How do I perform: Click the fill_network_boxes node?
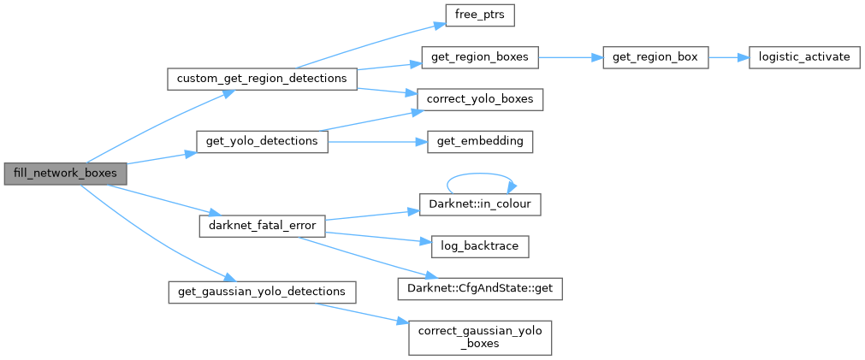(65, 173)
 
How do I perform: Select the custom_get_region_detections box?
(261, 79)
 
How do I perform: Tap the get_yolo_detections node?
(262, 140)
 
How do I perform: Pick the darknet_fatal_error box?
(262, 227)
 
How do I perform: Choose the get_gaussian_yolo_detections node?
(261, 292)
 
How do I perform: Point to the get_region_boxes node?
(479, 58)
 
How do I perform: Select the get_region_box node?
(655, 58)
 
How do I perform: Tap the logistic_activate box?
(803, 58)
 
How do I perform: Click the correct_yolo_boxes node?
(479, 98)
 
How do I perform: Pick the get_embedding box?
(479, 140)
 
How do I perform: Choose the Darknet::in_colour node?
(479, 205)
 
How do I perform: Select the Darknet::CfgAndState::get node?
(479, 288)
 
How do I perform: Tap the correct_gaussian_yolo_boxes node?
(479, 338)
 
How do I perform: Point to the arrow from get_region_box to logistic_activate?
(727, 58)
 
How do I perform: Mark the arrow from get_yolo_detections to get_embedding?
(376, 140)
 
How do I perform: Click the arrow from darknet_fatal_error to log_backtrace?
(376, 237)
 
